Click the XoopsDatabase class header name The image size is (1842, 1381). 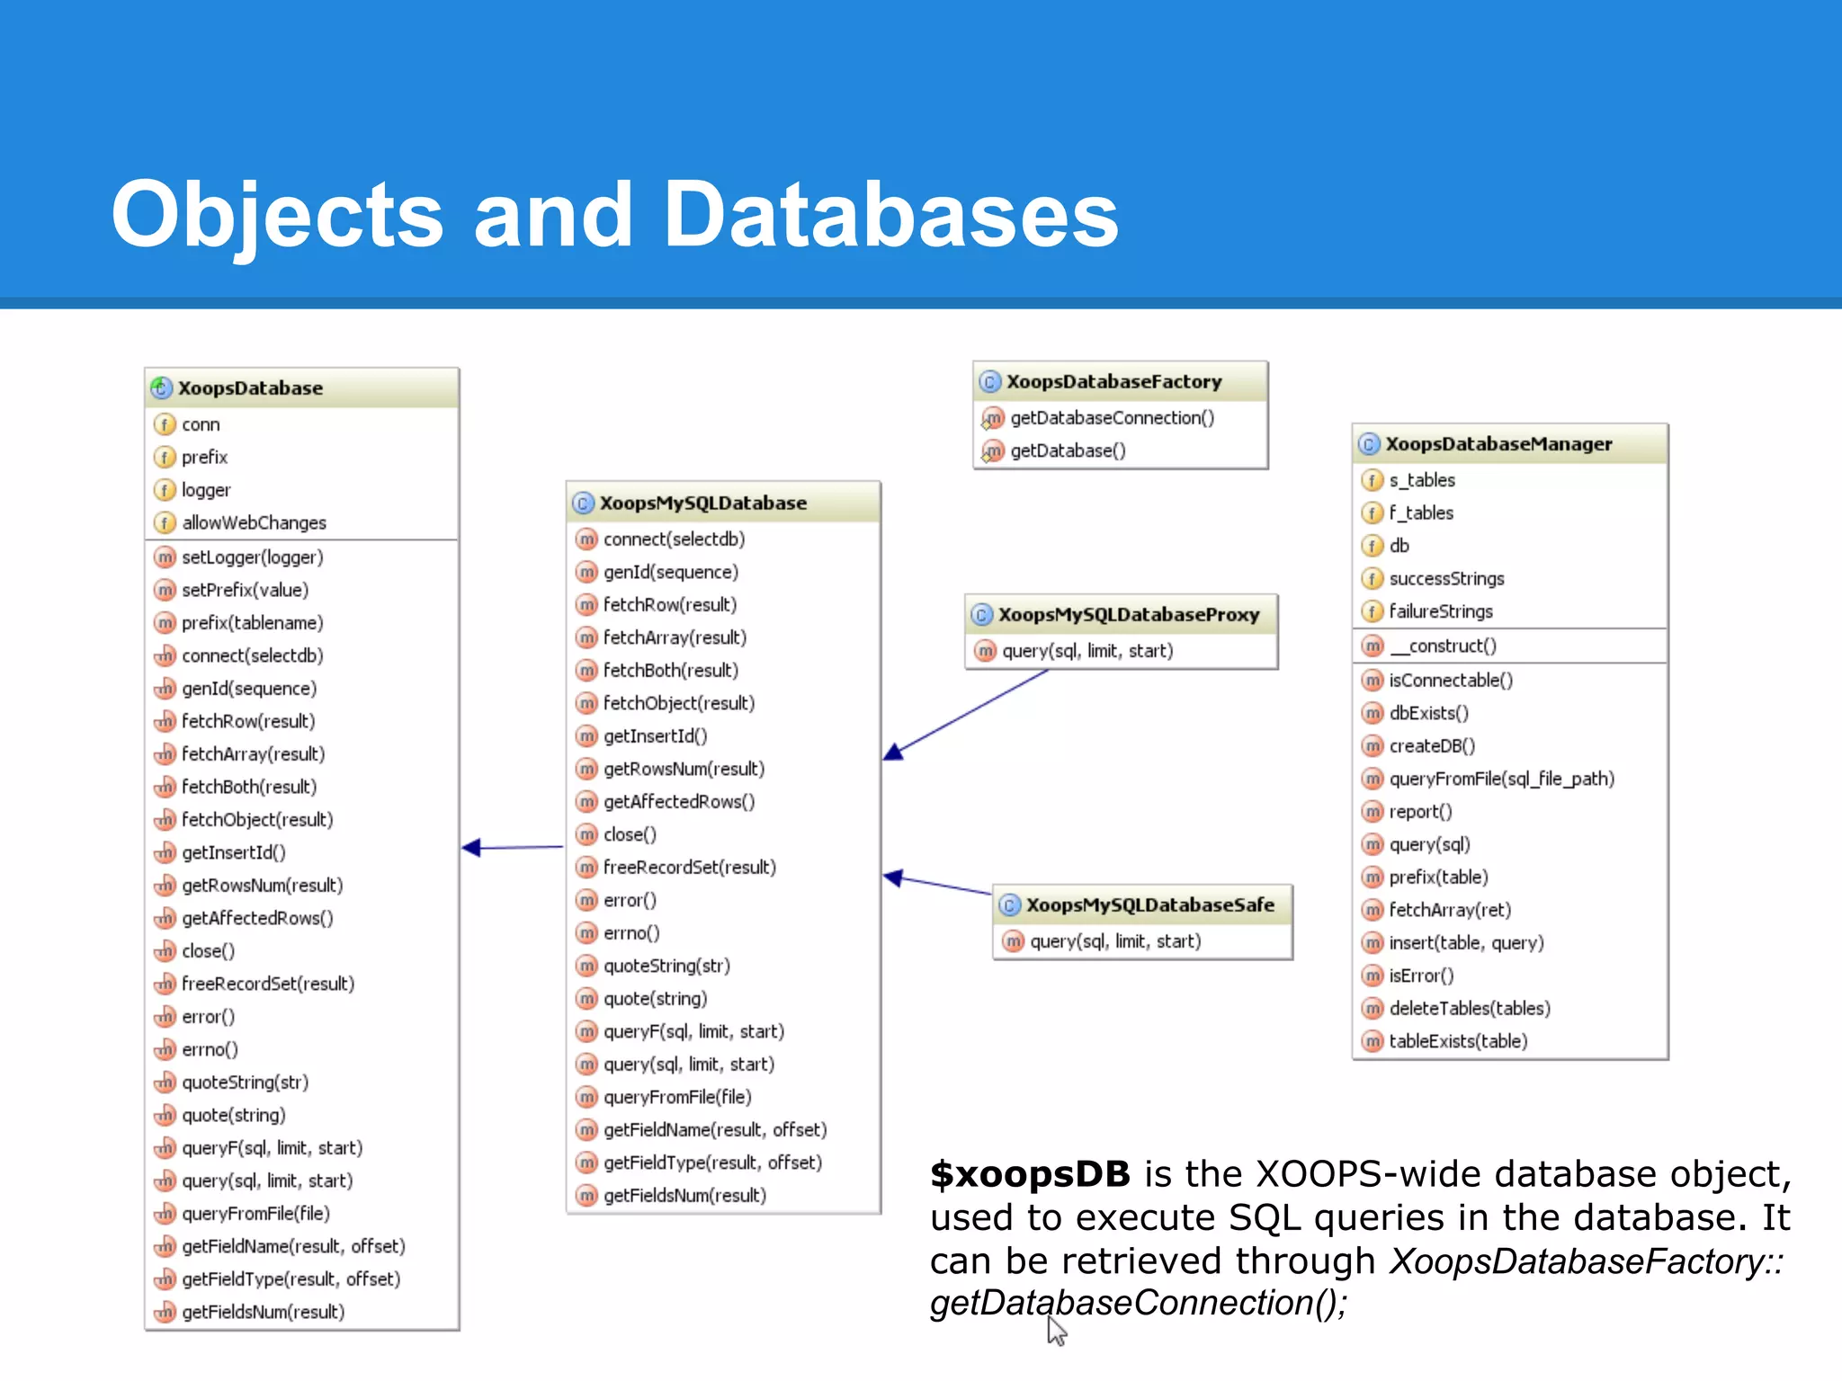[250, 388]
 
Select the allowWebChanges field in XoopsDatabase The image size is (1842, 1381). [254, 522]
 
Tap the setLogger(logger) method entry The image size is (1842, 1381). [252, 557]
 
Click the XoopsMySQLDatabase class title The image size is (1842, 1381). [702, 503]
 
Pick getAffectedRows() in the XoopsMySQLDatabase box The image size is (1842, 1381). [678, 802]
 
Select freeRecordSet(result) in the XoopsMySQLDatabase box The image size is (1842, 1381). [689, 868]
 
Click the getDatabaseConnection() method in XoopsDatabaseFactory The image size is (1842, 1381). [1112, 418]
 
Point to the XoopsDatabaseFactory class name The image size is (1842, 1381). [1113, 382]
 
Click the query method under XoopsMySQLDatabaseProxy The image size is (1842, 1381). [1086, 651]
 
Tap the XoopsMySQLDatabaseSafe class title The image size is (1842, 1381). [1149, 905]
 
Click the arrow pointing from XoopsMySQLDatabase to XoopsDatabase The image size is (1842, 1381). [513, 847]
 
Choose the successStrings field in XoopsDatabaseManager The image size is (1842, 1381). [1445, 579]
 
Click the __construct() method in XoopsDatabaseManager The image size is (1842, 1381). [1442, 646]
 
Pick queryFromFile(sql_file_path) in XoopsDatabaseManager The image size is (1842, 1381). [1501, 780]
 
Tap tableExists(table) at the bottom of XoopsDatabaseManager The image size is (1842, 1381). [1457, 1042]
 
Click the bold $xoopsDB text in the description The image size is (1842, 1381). [1030, 1174]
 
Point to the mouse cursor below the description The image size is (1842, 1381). [1056, 1331]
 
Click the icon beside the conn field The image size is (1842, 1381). [165, 424]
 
